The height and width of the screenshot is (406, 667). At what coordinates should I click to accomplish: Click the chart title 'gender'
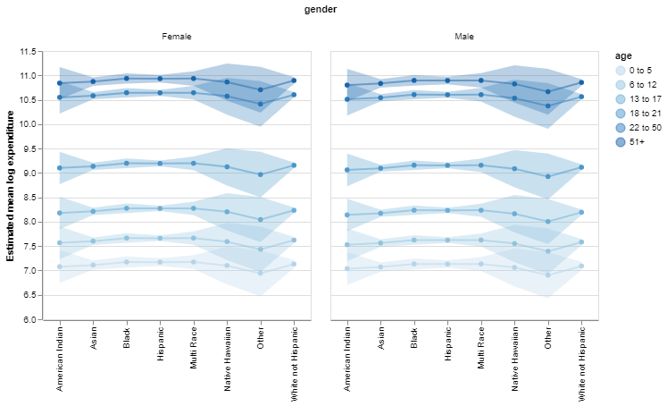[x=321, y=9]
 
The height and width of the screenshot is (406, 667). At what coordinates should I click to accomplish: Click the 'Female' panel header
[x=176, y=37]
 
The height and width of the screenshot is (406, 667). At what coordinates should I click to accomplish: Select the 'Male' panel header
[x=464, y=37]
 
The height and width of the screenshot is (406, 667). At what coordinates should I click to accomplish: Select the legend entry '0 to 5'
[x=639, y=70]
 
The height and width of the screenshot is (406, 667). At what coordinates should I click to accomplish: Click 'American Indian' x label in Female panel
[x=60, y=359]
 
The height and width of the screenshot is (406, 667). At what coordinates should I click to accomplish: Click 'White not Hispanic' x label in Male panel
[x=582, y=365]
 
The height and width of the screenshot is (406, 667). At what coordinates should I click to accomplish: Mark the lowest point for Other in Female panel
[x=261, y=273]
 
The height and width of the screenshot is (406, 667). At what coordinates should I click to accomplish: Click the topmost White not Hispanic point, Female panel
[x=294, y=80]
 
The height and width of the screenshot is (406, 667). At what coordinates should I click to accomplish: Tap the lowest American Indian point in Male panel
[x=347, y=268]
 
